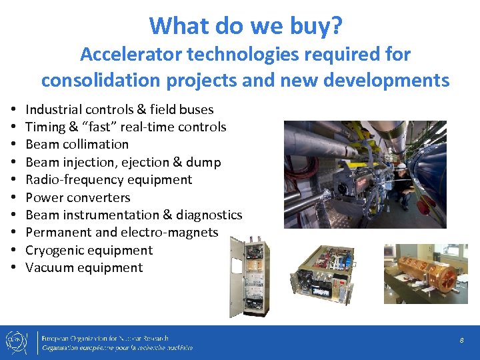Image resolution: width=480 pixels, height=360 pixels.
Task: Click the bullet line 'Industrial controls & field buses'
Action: [x=119, y=109]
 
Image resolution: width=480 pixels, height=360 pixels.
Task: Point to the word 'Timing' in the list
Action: [x=45, y=127]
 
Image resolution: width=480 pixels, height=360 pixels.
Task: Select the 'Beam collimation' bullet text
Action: [x=77, y=144]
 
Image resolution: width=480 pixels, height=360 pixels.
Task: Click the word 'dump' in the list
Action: [x=205, y=162]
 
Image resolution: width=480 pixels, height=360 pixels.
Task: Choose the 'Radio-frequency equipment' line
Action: [x=109, y=179]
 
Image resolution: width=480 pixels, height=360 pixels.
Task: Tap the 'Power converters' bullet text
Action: [x=78, y=197]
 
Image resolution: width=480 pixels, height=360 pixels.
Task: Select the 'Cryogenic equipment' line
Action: [x=89, y=250]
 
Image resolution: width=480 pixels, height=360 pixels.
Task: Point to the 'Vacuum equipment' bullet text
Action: [x=84, y=267]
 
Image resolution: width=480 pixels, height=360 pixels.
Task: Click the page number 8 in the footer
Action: [x=461, y=341]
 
